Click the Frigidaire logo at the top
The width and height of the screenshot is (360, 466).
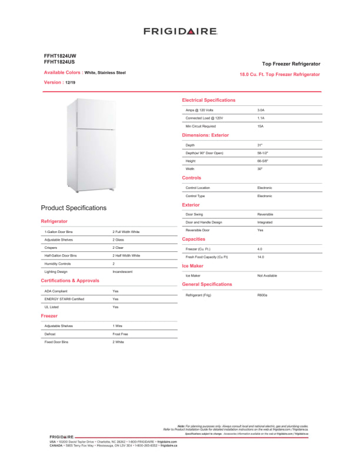[180, 31]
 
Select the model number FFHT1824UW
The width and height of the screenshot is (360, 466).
[60, 55]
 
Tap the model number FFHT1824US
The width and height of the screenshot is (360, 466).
[59, 61]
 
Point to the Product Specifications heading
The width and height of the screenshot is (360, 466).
[74, 208]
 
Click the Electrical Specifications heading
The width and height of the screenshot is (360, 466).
[209, 100]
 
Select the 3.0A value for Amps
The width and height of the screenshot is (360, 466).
[261, 110]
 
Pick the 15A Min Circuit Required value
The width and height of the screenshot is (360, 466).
[261, 126]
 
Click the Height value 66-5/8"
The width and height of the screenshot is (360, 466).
[262, 161]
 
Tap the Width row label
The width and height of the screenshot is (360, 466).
[190, 169]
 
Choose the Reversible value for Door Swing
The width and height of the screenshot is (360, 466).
[265, 214]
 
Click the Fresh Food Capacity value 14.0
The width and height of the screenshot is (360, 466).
[261, 257]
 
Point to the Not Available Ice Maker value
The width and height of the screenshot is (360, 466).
[267, 275]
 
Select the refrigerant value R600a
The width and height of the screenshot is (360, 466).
[262, 294]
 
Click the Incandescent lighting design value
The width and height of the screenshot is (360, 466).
[122, 272]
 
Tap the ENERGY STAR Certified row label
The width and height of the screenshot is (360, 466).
[64, 299]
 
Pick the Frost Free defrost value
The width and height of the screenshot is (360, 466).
[121, 334]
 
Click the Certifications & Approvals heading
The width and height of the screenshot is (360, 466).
[70, 281]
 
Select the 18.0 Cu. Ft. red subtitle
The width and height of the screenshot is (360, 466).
[280, 75]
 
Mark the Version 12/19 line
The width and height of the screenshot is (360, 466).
[60, 82]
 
